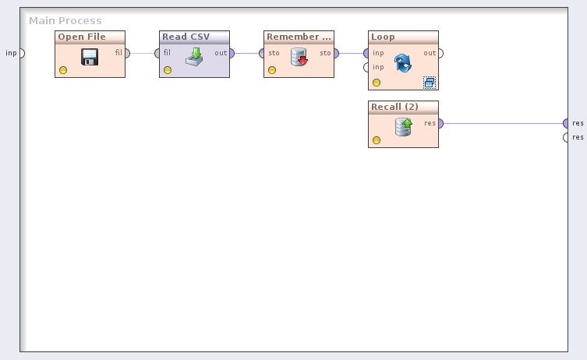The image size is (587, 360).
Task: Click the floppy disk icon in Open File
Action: pos(89,57)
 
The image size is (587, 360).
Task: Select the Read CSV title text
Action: pos(186,37)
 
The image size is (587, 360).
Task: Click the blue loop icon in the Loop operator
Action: pos(402,63)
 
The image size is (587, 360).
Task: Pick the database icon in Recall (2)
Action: pos(403,126)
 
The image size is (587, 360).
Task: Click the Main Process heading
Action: pos(65,20)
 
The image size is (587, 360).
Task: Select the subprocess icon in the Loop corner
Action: pos(429,82)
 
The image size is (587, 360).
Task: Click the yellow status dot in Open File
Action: pos(63,70)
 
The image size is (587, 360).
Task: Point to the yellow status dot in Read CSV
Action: pos(168,70)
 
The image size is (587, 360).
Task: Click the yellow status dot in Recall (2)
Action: pos(377,140)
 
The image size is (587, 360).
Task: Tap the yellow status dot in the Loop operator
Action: pos(377,82)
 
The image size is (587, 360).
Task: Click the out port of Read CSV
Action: pos(232,53)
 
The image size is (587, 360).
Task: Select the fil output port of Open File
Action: pos(127,53)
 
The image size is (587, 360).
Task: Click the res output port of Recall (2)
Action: pos(440,123)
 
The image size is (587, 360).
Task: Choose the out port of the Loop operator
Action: pos(440,53)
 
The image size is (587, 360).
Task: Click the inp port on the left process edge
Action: pos(22,53)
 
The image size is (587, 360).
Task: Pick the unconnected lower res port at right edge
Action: pos(567,137)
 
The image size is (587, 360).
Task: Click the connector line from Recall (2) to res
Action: pos(503,123)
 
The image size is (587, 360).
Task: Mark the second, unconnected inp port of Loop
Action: pos(366,67)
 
